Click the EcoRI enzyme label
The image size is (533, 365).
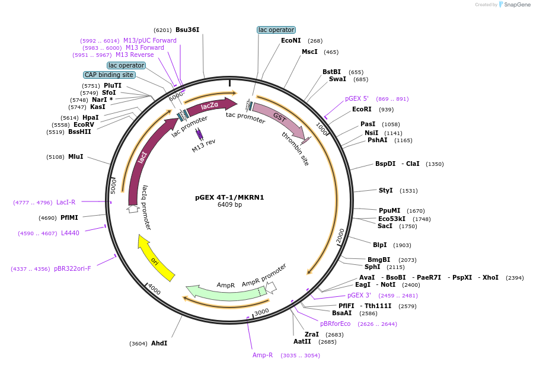tap(362, 109)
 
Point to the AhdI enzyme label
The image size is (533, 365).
tap(159, 343)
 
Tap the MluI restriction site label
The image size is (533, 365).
tap(76, 157)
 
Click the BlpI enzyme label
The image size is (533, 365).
tap(379, 245)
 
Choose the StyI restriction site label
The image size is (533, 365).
tap(385, 190)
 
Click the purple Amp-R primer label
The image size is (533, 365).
tap(263, 356)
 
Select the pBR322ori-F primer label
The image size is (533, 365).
tap(72, 268)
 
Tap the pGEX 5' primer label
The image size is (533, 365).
tap(357, 98)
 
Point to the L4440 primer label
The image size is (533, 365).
tap(70, 233)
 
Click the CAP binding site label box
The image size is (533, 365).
tap(109, 75)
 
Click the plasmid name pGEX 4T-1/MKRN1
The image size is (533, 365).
tap(229, 197)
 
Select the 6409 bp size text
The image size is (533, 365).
tap(229, 205)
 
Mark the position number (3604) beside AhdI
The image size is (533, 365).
tap(138, 344)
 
